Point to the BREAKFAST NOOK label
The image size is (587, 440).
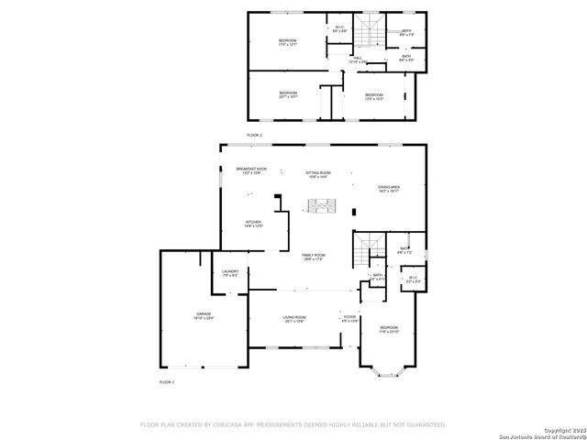point(251,170)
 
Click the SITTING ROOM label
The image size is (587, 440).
point(317,174)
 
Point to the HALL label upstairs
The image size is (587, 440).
point(358,60)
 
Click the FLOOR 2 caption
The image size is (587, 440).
point(254,135)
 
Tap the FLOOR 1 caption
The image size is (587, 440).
point(166,381)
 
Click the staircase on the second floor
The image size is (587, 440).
point(370,34)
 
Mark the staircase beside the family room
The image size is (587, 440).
point(371,247)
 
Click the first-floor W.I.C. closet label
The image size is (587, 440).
point(413,280)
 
